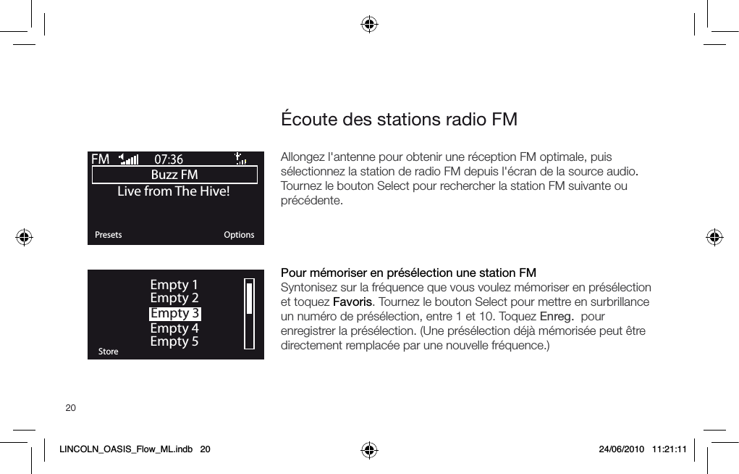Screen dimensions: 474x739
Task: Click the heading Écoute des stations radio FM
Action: pos(399,119)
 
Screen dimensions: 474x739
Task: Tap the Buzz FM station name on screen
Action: pos(174,175)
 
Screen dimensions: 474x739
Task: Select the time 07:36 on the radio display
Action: pos(169,159)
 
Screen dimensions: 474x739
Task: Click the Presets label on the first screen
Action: pos(109,235)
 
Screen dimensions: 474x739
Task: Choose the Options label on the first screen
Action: pos(239,235)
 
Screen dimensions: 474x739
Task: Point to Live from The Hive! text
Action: pos(174,191)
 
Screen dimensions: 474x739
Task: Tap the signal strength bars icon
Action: pos(130,159)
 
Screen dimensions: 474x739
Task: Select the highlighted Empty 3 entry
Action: pos(174,314)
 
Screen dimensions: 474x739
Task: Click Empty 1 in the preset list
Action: pos(174,285)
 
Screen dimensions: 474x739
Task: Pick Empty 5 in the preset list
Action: pos(174,341)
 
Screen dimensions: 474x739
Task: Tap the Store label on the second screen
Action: pos(108,352)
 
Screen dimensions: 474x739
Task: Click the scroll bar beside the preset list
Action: pos(250,315)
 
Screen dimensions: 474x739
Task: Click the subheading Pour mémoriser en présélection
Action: pos(408,273)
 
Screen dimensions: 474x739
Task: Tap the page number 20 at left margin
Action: pos(70,408)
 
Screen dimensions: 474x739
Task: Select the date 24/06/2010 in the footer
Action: pos(620,449)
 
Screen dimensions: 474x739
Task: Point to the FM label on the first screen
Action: pos(101,159)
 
